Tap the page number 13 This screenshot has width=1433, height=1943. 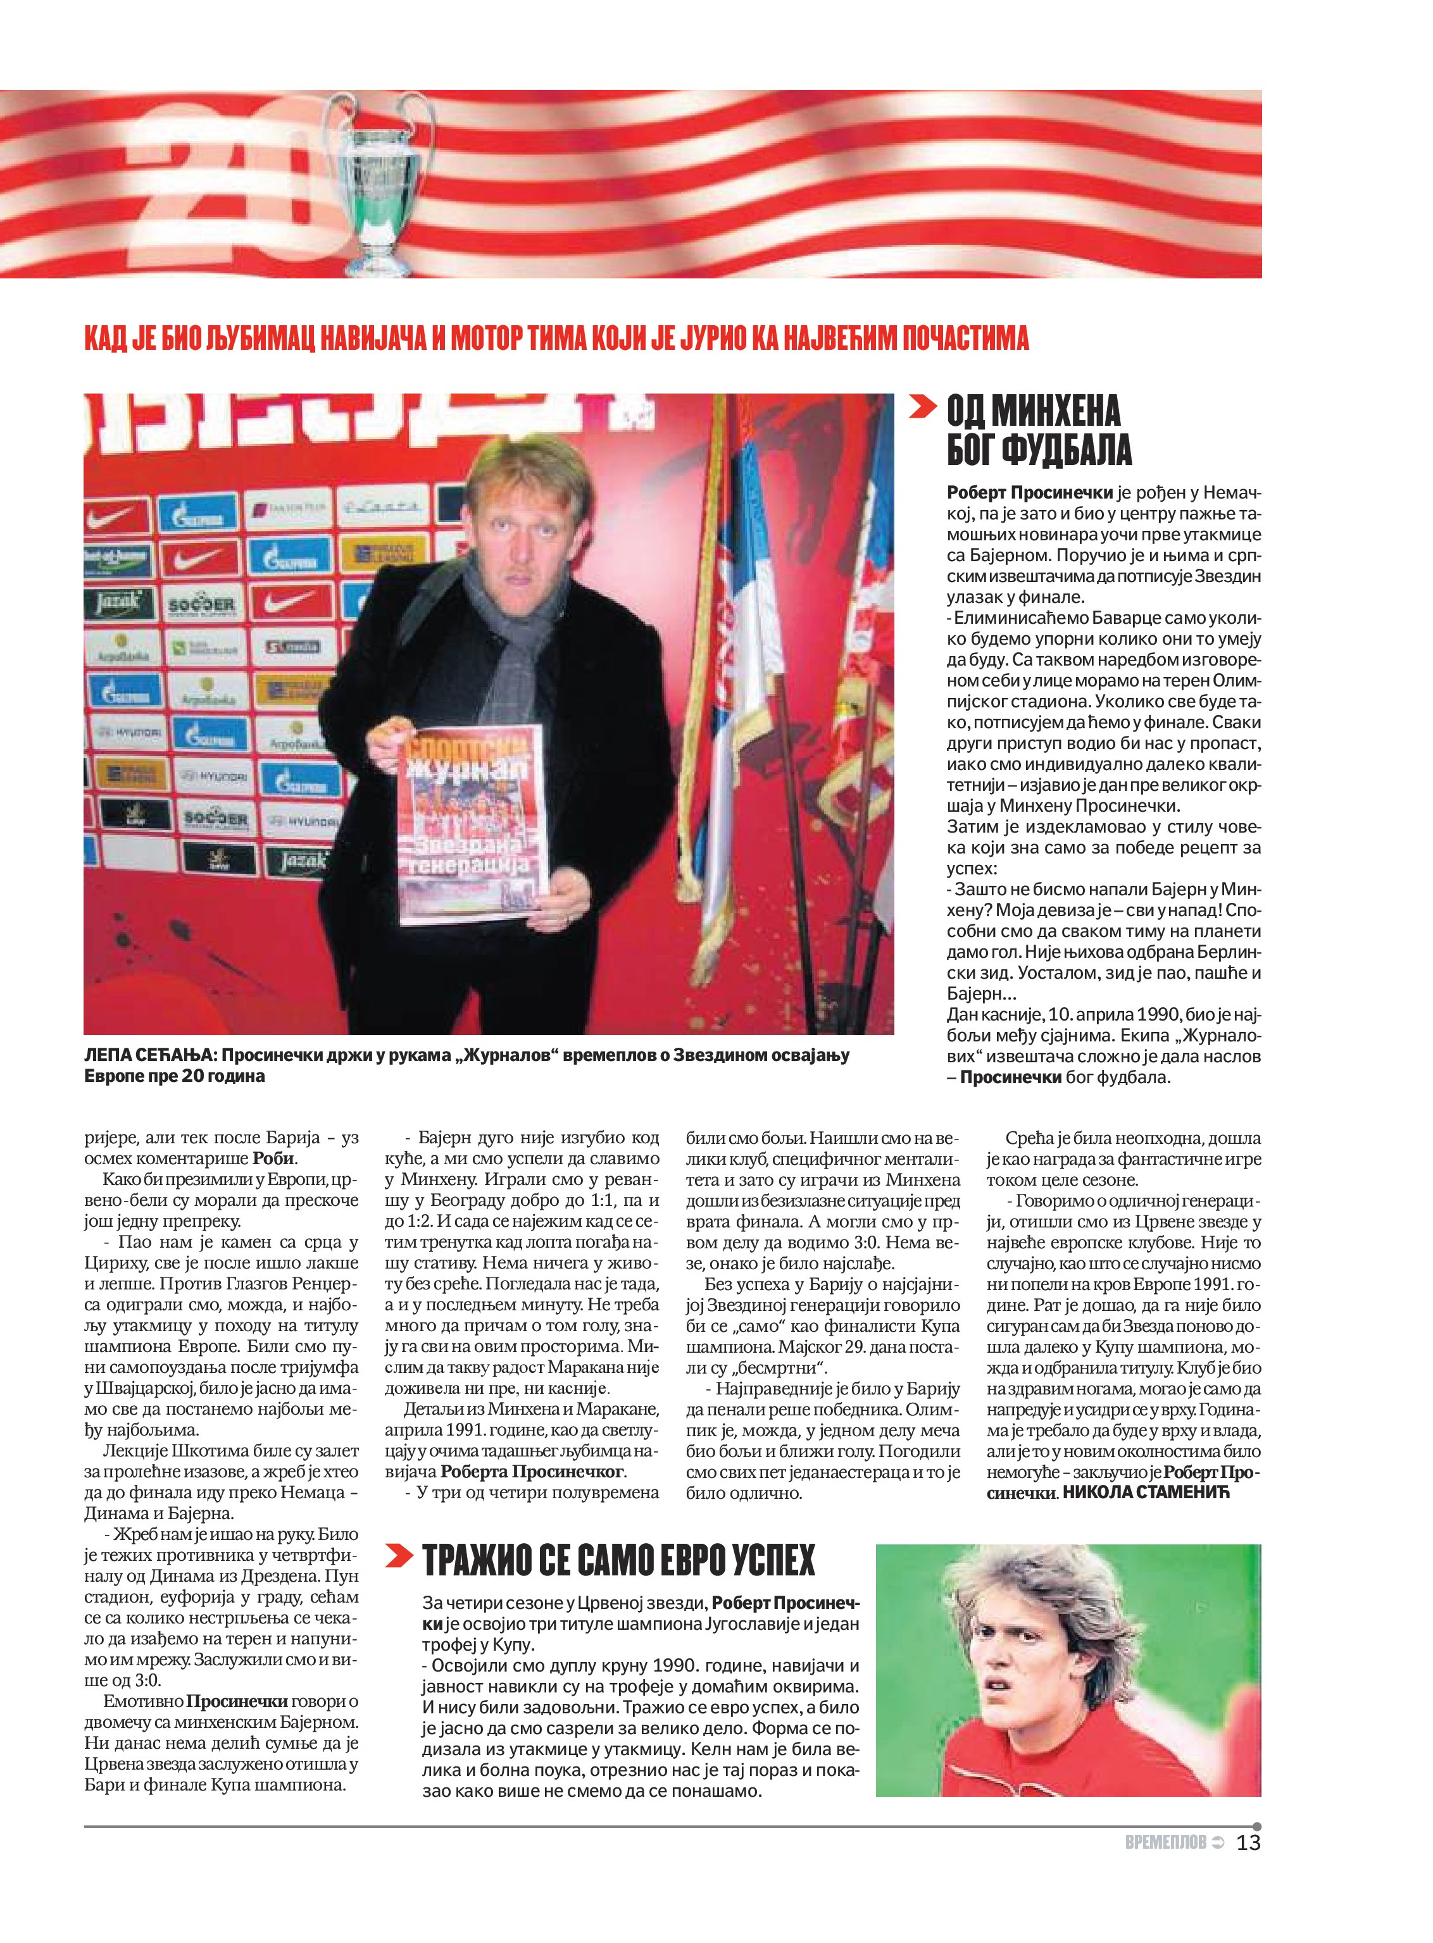[1248, 1842]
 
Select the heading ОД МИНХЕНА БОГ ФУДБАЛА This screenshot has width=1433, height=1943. [1038, 430]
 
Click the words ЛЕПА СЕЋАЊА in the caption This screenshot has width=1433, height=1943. [148, 1055]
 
